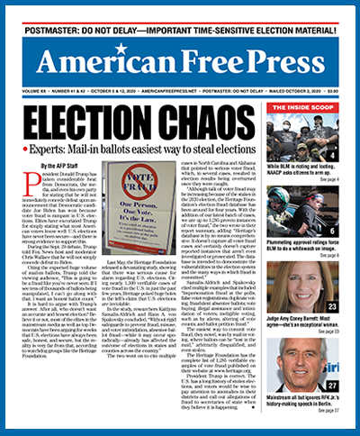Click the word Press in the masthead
click(x=279, y=62)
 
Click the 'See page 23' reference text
click(x=337, y=331)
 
